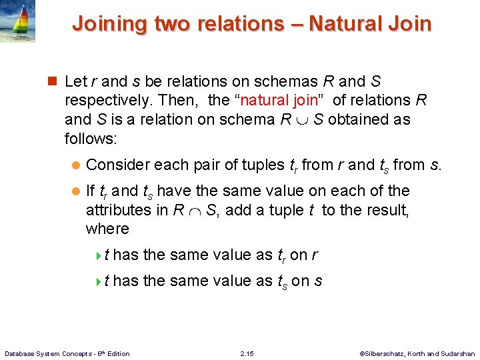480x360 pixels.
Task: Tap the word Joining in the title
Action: click(109, 24)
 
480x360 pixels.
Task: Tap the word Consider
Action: click(117, 164)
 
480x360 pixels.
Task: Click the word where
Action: click(107, 229)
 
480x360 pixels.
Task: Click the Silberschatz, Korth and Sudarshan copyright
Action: click(417, 353)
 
